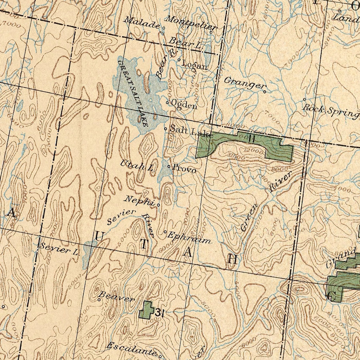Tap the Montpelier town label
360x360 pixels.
click(x=191, y=22)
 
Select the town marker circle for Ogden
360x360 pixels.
click(x=168, y=102)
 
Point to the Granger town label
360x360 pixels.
click(x=244, y=82)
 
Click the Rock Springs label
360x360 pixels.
click(x=330, y=111)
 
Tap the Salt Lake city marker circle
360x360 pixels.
click(x=166, y=129)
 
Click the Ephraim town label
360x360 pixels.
click(x=189, y=237)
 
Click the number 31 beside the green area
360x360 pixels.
click(x=160, y=312)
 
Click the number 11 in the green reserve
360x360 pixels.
click(x=252, y=139)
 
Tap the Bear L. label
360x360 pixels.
click(x=185, y=43)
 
